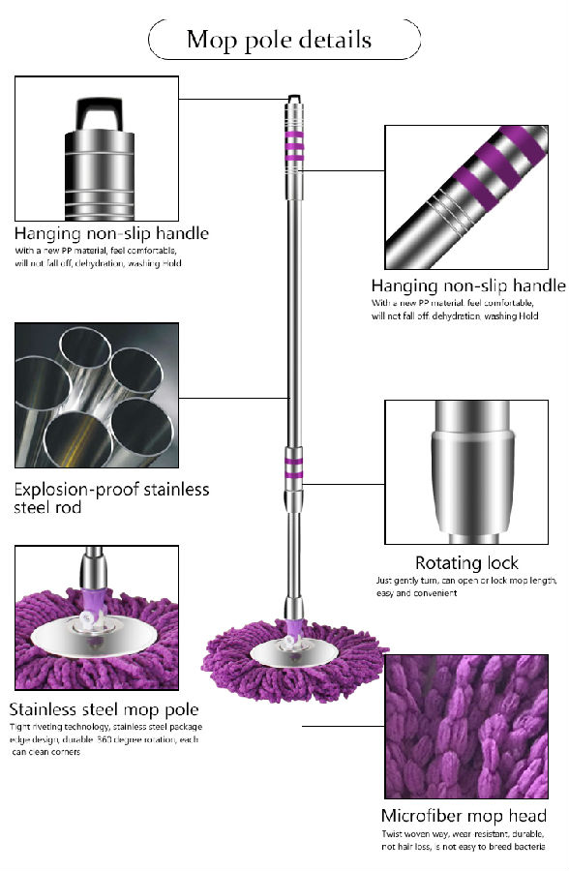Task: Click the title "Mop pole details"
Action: (279, 41)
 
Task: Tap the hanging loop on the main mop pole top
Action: (294, 99)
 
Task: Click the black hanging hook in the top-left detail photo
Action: (99, 114)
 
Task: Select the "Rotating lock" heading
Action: (466, 562)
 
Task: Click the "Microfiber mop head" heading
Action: (464, 816)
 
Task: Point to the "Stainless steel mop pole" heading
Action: (104, 709)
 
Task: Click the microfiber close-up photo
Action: (466, 726)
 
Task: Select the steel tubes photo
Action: (97, 395)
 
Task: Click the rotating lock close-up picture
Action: (466, 471)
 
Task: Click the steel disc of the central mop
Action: (293, 653)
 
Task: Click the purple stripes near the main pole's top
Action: (294, 146)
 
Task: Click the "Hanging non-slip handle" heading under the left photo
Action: (111, 232)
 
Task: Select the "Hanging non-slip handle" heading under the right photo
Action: (468, 285)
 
